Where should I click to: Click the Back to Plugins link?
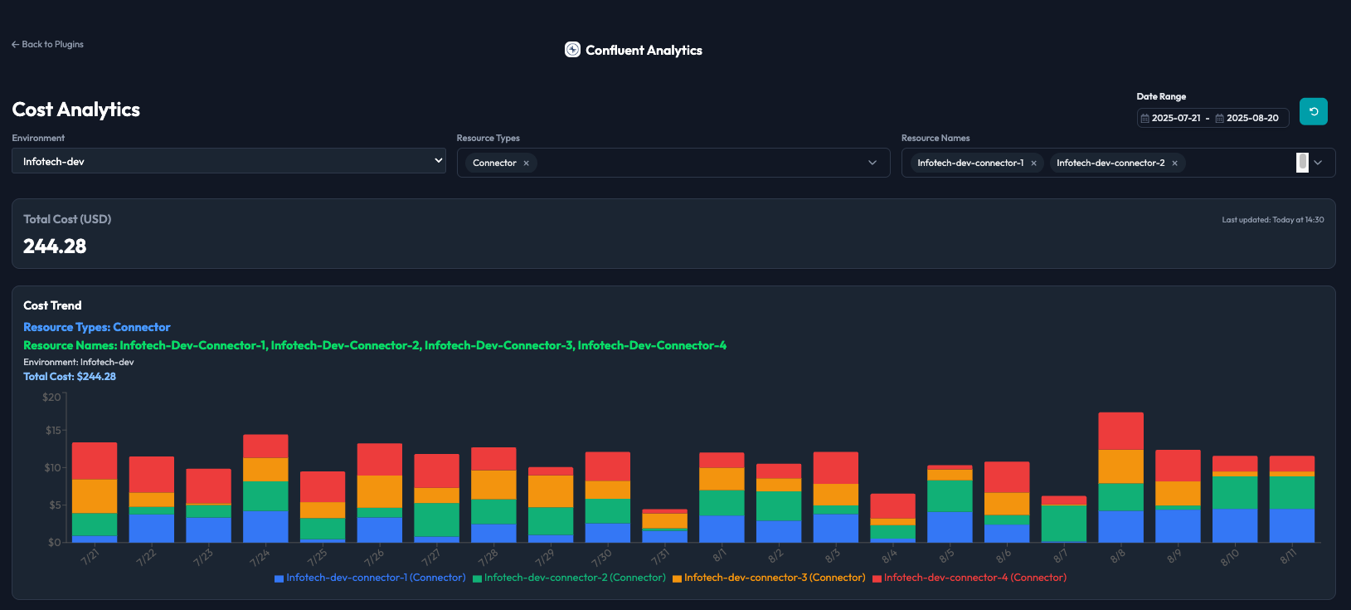pyautogui.click(x=47, y=44)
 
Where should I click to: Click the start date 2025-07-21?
pyautogui.click(x=1175, y=118)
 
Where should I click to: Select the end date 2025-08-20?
pyautogui.click(x=1252, y=118)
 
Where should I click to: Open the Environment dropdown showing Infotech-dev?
pyautogui.click(x=229, y=161)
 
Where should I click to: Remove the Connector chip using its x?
pyautogui.click(x=526, y=163)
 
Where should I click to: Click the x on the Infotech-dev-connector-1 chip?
pyautogui.click(x=1033, y=163)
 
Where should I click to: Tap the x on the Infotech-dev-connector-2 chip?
pyautogui.click(x=1174, y=163)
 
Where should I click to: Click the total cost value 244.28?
pyautogui.click(x=55, y=246)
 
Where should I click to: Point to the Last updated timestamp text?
pyautogui.click(x=1272, y=220)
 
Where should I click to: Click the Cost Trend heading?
pyautogui.click(x=52, y=305)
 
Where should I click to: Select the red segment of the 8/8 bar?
pyautogui.click(x=1120, y=431)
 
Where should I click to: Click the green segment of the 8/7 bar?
pyautogui.click(x=1063, y=523)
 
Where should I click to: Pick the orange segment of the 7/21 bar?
pyautogui.click(x=94, y=496)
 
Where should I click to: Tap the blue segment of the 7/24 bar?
pyautogui.click(x=265, y=527)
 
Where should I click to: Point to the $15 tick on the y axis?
pyautogui.click(x=52, y=431)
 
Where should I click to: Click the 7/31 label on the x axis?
pyautogui.click(x=660, y=556)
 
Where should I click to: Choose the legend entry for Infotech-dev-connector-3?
pyautogui.click(x=768, y=578)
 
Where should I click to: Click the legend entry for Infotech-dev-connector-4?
pyautogui.click(x=970, y=578)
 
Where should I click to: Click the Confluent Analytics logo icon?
pyautogui.click(x=572, y=50)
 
